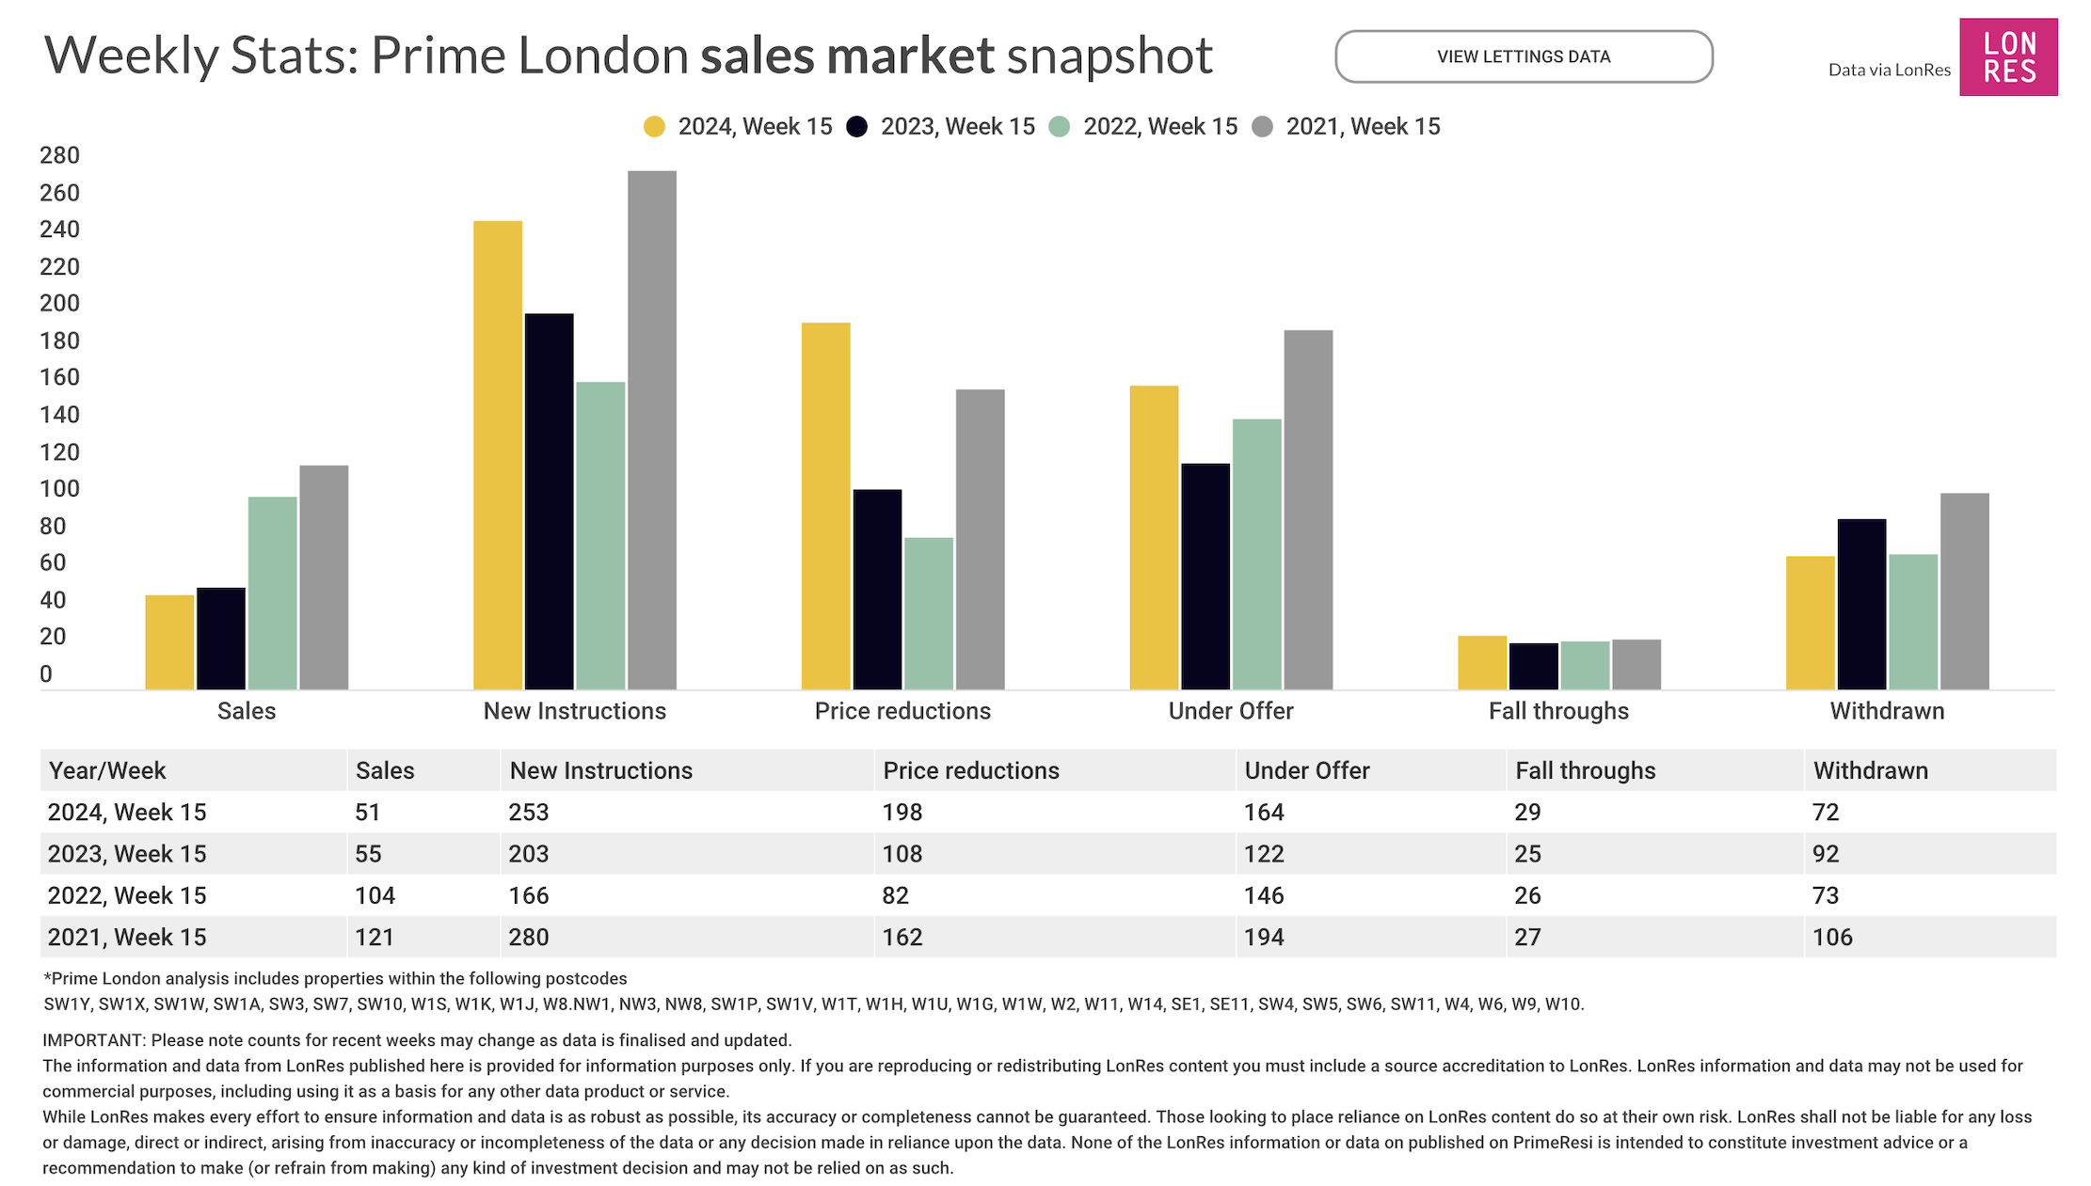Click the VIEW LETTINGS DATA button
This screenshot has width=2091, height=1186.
[x=1523, y=56]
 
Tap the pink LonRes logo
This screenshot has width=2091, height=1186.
[x=2007, y=56]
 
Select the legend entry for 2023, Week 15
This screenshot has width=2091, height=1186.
[x=940, y=127]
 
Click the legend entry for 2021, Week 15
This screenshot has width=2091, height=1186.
[x=1346, y=127]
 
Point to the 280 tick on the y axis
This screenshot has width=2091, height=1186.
[x=59, y=155]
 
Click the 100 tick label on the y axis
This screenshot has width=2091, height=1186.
[x=59, y=489]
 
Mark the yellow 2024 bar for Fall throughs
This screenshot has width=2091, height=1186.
[x=1481, y=662]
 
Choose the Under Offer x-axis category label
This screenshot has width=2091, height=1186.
[x=1230, y=711]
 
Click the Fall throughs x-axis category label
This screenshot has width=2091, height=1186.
[x=1557, y=711]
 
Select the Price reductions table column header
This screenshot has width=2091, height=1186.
[x=970, y=770]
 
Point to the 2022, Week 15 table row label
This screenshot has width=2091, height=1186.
[x=127, y=895]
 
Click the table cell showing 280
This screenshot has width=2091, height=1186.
[x=528, y=937]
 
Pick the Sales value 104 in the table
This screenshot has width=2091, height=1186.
[x=375, y=895]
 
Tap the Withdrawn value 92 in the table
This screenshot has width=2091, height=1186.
[x=1825, y=854]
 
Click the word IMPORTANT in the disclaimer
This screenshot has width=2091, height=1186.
[x=92, y=1040]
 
